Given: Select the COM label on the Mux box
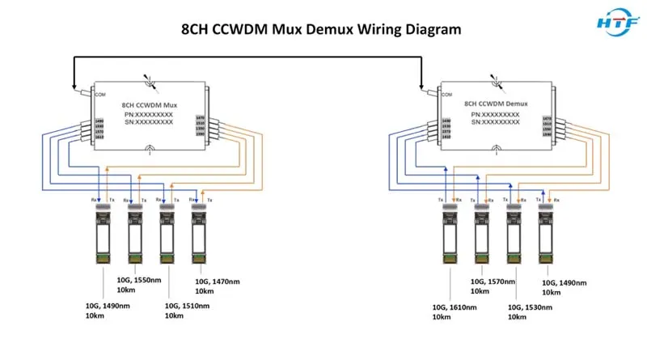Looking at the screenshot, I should pyautogui.click(x=101, y=95).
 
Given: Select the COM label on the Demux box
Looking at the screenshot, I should pyautogui.click(x=446, y=95).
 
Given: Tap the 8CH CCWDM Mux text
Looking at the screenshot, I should pyautogui.click(x=150, y=105).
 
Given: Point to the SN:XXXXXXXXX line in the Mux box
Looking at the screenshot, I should pyautogui.click(x=149, y=123).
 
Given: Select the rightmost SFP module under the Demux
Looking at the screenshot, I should pyautogui.click(x=543, y=233).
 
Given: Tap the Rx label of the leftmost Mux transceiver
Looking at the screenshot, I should pyautogui.click(x=93, y=200).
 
